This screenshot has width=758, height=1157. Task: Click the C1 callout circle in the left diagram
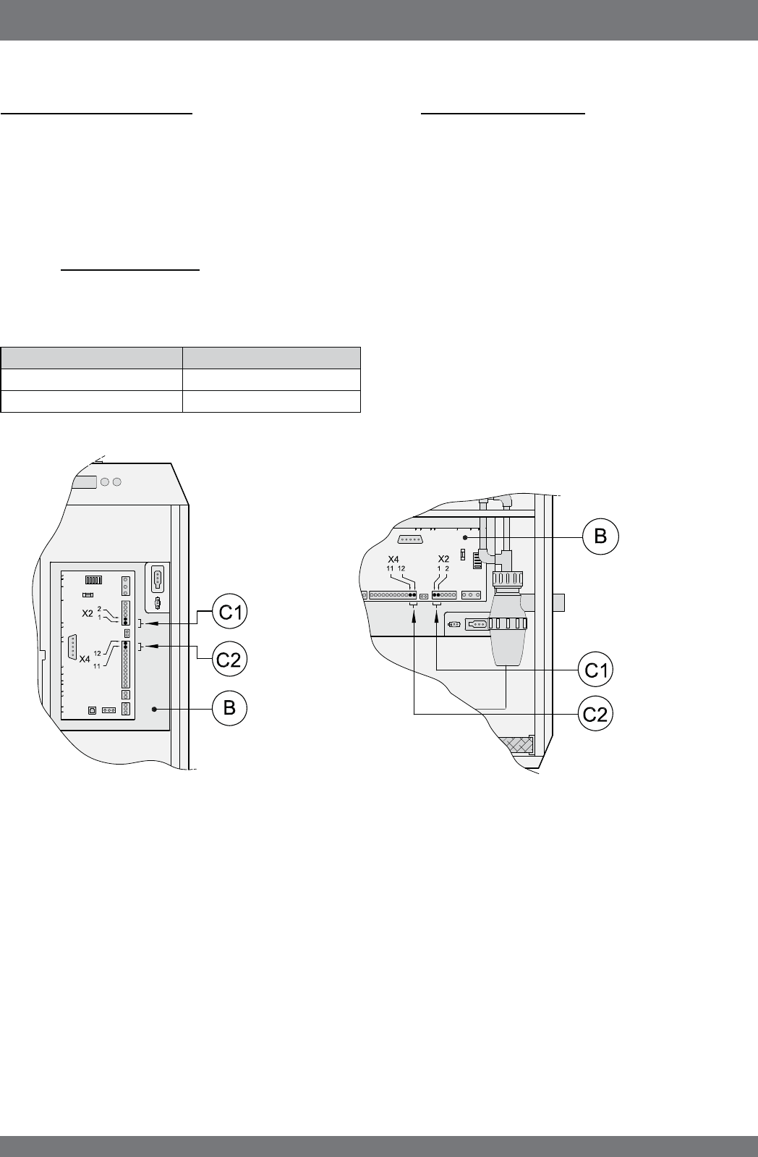230,612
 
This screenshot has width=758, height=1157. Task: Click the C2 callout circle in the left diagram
230,659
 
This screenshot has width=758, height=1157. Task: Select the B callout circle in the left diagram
230,707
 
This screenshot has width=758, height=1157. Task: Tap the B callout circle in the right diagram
600,537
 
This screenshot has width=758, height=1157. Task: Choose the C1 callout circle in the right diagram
595,670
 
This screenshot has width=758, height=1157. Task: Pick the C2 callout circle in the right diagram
595,714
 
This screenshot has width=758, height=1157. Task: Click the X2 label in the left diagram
88,614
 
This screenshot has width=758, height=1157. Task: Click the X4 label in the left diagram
85,659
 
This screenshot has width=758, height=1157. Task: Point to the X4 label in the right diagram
393,560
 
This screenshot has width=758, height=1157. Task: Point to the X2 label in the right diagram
443,559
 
